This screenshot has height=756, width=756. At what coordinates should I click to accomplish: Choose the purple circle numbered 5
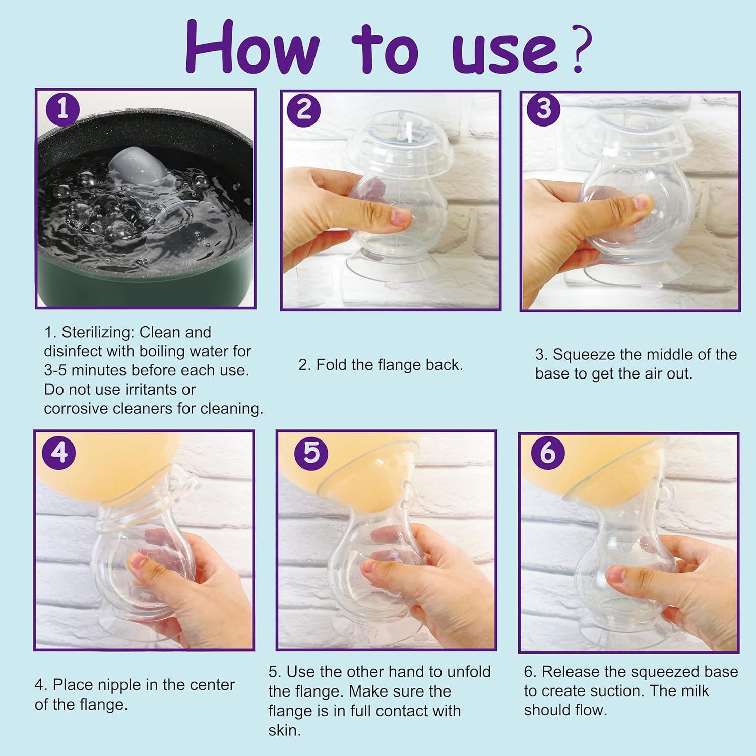pos(311,452)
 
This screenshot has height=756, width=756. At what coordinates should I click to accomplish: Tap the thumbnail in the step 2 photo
pos(401,218)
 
